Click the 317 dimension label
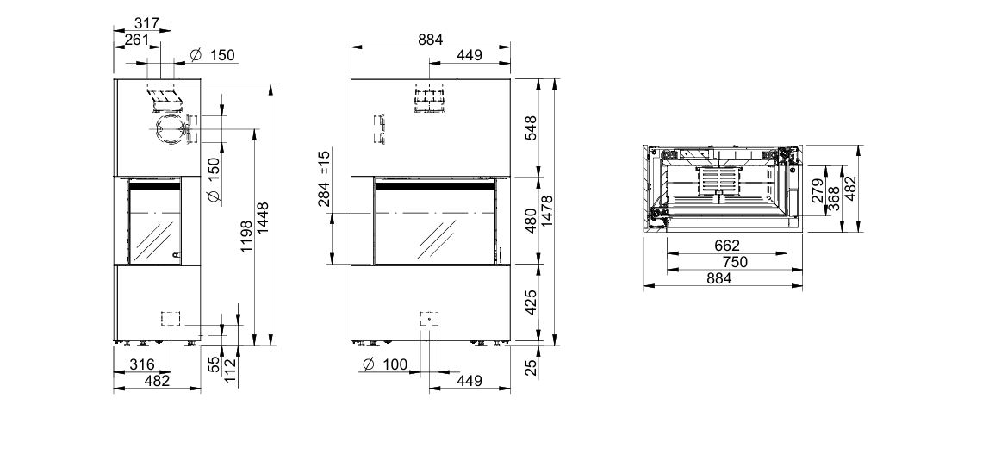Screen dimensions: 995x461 coord(146,23)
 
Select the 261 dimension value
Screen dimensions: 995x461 coord(136,40)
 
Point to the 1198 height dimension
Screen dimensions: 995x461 coord(247,236)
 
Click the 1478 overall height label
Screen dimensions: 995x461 coord(548,211)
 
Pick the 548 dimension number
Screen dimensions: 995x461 coord(532,127)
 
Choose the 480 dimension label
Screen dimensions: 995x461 coord(532,221)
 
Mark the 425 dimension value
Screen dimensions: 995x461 coord(532,302)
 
